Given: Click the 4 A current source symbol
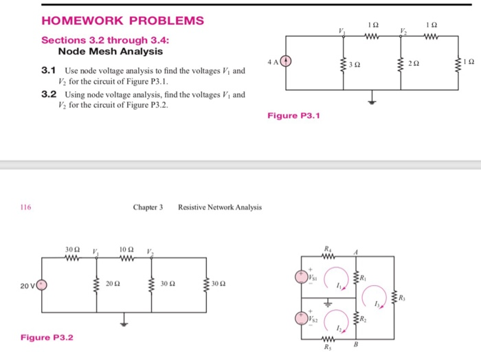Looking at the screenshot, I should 287,62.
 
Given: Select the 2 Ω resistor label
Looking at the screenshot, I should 412,63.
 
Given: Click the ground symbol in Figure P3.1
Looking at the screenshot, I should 372,102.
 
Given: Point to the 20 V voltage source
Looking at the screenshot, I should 42,284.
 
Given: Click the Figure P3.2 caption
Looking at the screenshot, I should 47,337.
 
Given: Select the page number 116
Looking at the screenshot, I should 26,207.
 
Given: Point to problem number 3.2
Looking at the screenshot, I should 48,94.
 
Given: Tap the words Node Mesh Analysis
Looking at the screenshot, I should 111,52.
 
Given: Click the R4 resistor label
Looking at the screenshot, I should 326,249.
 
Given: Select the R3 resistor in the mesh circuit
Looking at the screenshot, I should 394,296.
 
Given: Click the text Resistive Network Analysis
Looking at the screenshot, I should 219,207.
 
